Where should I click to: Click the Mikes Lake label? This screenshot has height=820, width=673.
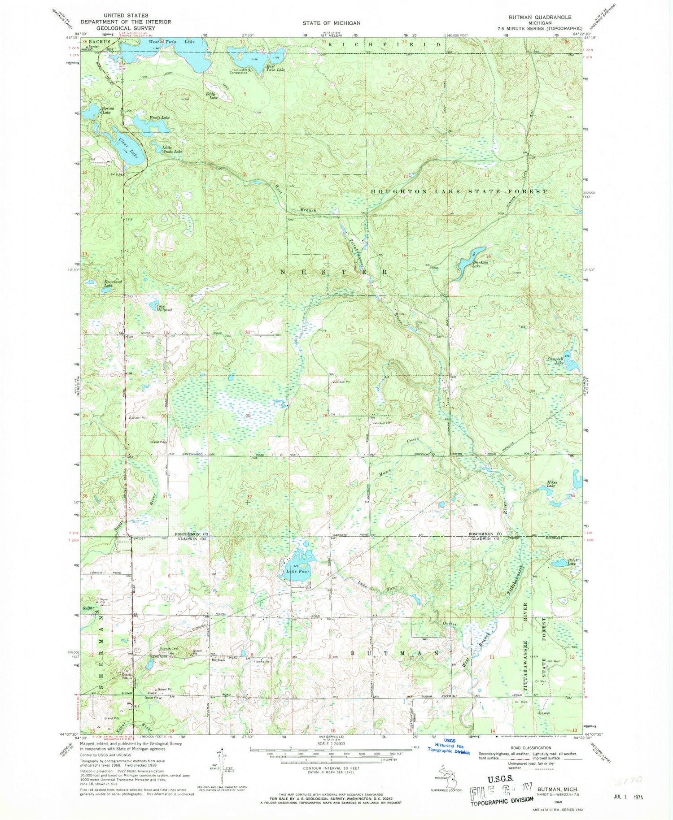tap(551, 484)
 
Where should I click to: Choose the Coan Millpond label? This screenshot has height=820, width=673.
tap(163, 308)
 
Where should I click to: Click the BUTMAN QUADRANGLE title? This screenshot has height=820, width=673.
tap(533, 17)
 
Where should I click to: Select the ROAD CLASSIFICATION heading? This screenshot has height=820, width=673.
tap(530, 747)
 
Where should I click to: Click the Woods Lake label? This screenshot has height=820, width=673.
tap(159, 117)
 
